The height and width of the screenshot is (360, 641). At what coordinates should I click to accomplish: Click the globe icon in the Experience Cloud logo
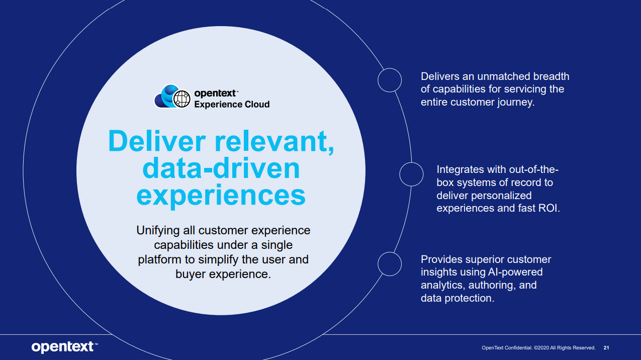(181, 99)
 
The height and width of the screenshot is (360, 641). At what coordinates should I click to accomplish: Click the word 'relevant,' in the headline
(274, 142)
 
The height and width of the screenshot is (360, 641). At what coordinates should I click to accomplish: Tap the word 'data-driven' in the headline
(221, 168)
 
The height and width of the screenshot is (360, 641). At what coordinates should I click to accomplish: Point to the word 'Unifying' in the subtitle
(158, 231)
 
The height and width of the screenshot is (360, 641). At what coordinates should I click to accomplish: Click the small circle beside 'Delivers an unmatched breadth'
(390, 80)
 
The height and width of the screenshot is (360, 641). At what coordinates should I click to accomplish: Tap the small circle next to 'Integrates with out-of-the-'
(411, 174)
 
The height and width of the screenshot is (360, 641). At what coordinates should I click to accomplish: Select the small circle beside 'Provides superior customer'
(390, 264)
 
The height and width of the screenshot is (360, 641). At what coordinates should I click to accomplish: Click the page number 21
(606, 348)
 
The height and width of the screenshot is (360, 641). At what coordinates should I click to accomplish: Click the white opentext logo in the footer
(64, 347)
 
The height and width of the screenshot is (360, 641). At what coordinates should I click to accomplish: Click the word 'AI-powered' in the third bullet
(515, 272)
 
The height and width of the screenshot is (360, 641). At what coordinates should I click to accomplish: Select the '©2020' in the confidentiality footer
(541, 348)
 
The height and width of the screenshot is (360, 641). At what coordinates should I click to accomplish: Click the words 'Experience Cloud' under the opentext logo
(232, 105)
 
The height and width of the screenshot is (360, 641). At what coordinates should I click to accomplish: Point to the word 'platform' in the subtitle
(160, 260)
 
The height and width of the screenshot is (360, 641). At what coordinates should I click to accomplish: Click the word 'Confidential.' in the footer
(518, 348)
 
